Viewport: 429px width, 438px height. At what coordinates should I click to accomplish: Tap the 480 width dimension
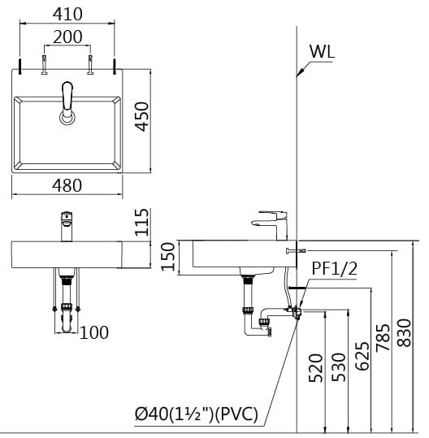click(x=67, y=185)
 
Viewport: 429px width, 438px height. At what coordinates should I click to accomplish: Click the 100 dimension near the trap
click(x=94, y=332)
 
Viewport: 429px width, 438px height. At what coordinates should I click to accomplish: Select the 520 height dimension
click(x=317, y=367)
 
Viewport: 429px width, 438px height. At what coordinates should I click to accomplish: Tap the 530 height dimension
click(x=340, y=367)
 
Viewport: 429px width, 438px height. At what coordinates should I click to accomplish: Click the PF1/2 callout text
click(x=335, y=267)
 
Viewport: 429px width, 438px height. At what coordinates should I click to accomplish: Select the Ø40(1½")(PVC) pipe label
click(x=197, y=414)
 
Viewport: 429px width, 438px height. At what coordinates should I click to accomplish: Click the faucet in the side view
click(x=270, y=220)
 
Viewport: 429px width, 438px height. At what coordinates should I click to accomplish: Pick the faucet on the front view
click(x=67, y=225)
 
